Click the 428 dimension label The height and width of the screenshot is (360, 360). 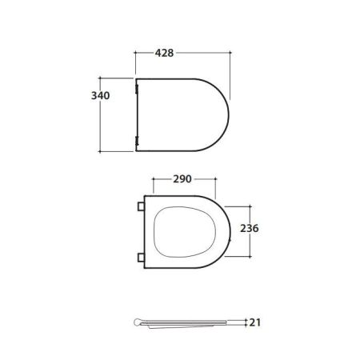click(x=164, y=53)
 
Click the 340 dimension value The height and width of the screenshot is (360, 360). click(x=100, y=95)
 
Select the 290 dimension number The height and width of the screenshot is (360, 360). click(x=182, y=179)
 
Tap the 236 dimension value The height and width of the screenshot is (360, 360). click(x=250, y=228)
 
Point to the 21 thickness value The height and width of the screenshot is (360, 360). click(x=255, y=322)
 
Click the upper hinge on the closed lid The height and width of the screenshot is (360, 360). click(x=137, y=89)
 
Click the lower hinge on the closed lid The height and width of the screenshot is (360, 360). click(x=137, y=141)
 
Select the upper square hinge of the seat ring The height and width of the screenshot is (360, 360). click(x=141, y=206)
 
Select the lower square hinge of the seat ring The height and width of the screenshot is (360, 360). click(x=141, y=258)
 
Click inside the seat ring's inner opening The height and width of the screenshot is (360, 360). click(x=185, y=232)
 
